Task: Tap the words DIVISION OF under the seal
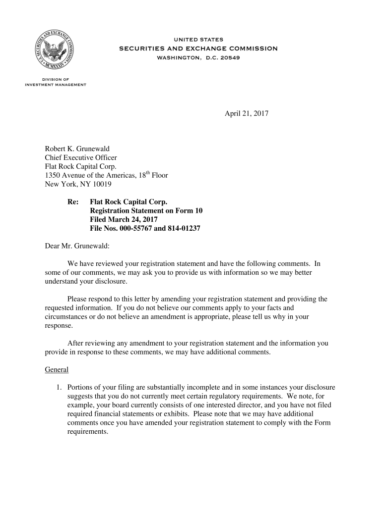[x=56, y=79]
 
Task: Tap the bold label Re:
[x=73, y=202]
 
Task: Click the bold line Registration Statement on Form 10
[x=146, y=211]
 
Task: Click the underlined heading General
[x=57, y=370]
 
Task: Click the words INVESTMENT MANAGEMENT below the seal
[x=56, y=85]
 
